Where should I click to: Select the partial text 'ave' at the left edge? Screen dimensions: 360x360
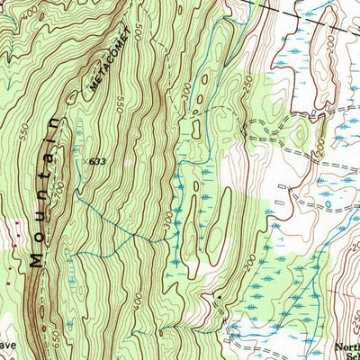[7, 345]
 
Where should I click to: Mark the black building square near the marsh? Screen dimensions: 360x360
[218, 295]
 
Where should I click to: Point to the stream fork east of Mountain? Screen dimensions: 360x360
[136, 236]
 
